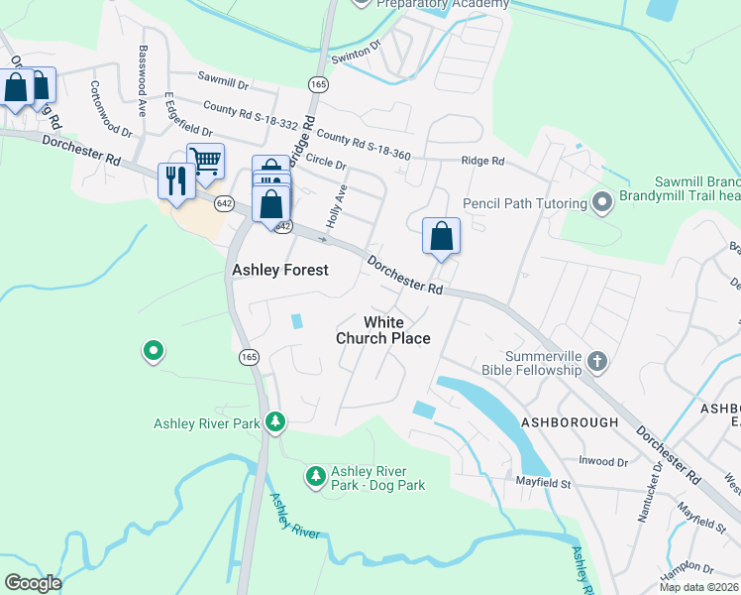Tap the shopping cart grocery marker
(205, 161)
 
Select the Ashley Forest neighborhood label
(279, 270)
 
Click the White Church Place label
(383, 330)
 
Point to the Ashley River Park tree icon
(275, 423)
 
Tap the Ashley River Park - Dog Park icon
(316, 477)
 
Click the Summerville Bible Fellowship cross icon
(596, 362)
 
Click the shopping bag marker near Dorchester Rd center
(442, 236)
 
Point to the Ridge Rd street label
(482, 161)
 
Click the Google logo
(33, 583)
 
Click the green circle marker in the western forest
(153, 351)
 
